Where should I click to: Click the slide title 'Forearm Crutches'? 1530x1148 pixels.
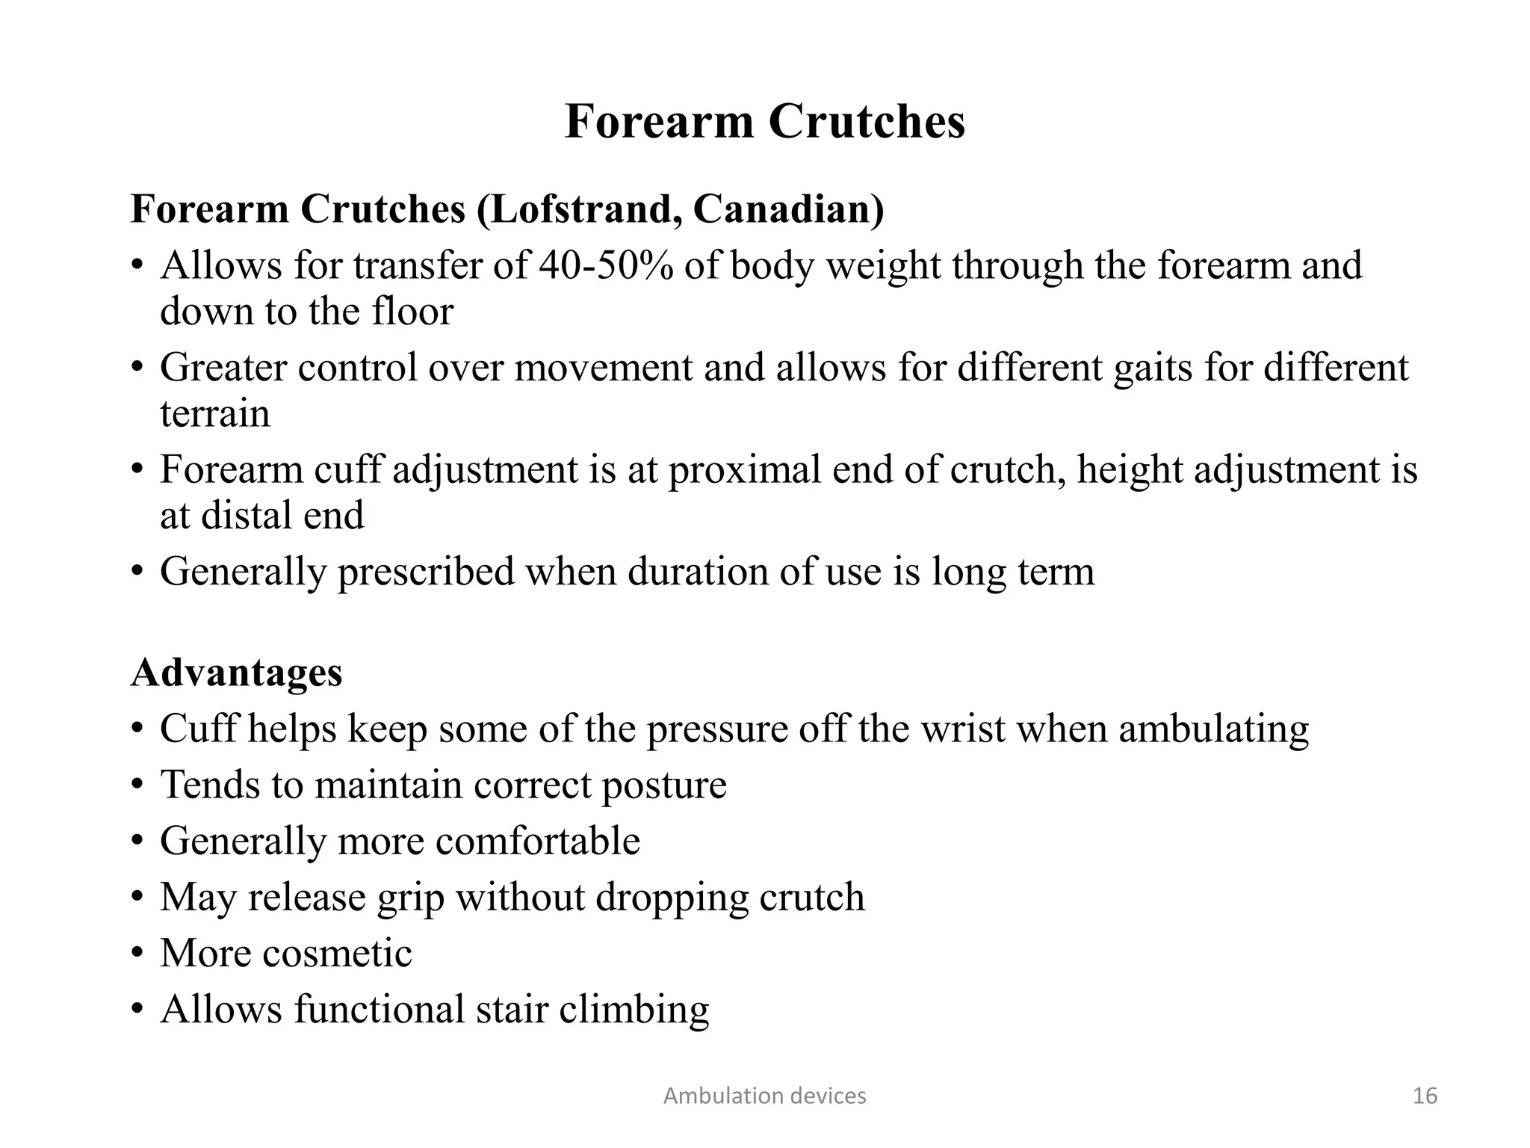(765, 121)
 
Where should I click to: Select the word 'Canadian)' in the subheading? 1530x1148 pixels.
(788, 209)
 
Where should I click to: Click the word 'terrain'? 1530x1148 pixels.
(215, 413)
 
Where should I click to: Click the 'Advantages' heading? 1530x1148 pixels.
(237, 672)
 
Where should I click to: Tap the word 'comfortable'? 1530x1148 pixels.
(538, 841)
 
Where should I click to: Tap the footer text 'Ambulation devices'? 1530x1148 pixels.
(765, 1096)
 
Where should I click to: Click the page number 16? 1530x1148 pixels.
(1425, 1096)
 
